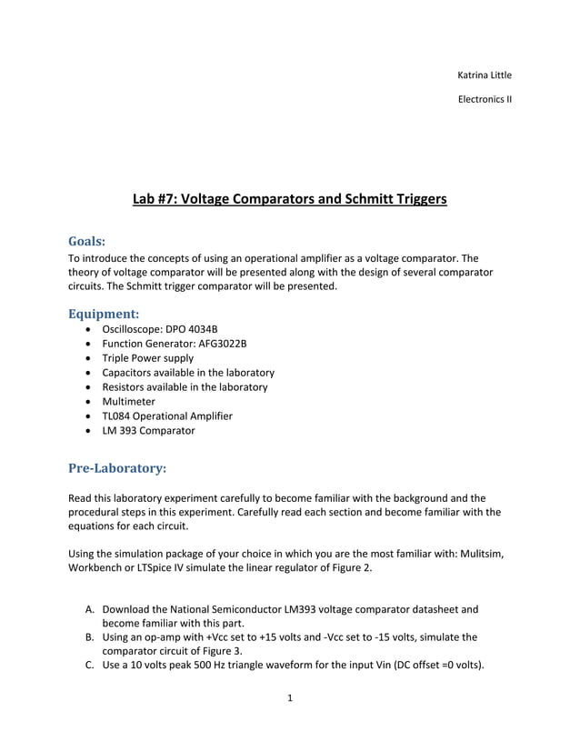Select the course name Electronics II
click(484, 99)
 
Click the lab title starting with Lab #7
click(289, 198)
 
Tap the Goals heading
click(87, 242)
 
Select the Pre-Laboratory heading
click(117, 468)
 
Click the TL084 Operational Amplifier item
click(167, 416)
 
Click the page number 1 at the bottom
click(289, 699)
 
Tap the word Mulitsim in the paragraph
click(476, 554)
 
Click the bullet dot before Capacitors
click(87, 373)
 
